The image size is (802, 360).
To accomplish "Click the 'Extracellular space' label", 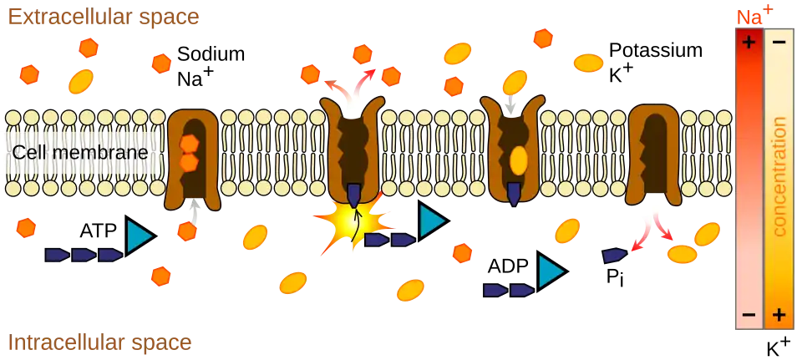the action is click(x=104, y=17).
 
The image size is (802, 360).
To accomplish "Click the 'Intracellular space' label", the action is click(x=100, y=342).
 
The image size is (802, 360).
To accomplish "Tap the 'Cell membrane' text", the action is click(x=81, y=152).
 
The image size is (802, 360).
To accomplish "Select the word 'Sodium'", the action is click(x=211, y=54).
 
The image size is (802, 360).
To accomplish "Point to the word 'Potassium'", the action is click(x=655, y=51).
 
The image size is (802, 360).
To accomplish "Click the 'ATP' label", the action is click(x=99, y=231).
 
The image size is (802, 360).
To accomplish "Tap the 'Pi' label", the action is click(x=615, y=279).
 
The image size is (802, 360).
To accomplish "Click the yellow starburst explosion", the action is click(x=354, y=223).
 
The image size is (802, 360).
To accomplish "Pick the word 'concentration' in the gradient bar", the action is click(x=779, y=177).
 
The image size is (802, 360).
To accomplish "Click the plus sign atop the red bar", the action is click(x=749, y=43).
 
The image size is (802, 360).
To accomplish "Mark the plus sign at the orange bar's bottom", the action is click(x=779, y=315).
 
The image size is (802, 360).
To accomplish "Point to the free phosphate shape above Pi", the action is click(x=615, y=255).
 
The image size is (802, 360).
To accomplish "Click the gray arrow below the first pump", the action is click(x=193, y=211).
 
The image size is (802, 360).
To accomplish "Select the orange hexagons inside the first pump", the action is click(x=189, y=153).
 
